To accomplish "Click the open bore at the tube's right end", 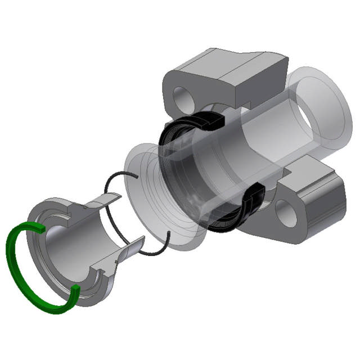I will [312, 121].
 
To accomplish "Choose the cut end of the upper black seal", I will [216, 119].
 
